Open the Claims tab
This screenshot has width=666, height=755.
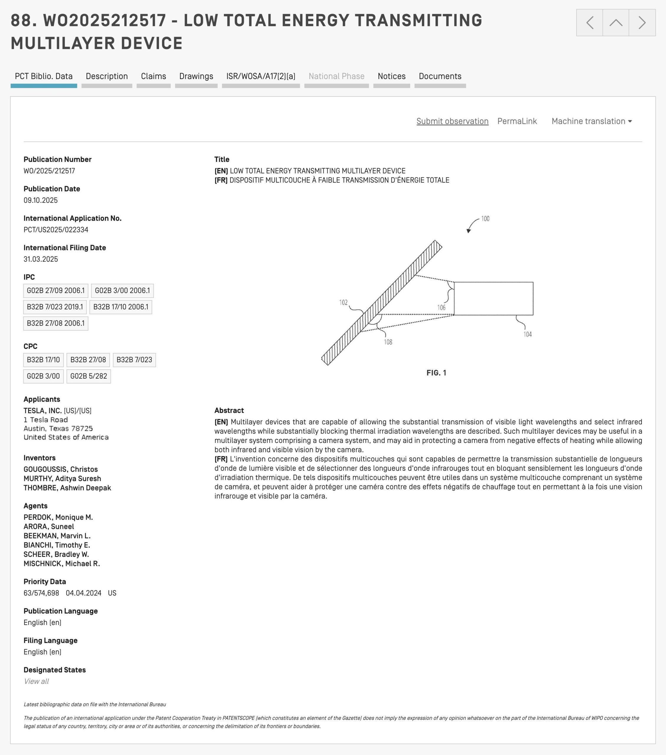coord(153,76)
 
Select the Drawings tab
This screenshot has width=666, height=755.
coord(196,76)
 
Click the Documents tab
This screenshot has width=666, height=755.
coord(440,76)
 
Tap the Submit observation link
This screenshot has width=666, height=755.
coord(452,122)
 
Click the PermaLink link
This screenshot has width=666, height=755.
coord(517,122)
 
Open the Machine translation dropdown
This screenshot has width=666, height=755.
coord(591,122)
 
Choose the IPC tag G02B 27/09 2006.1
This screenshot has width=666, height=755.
coord(56,291)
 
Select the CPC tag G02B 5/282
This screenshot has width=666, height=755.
coord(89,376)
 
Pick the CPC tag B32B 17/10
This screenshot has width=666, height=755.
coord(43,360)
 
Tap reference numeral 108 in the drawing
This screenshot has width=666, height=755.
coord(388,342)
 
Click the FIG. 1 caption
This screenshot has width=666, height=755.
coord(436,373)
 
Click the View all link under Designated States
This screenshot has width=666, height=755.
coord(36,682)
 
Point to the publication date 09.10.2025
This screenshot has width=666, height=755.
coord(41,201)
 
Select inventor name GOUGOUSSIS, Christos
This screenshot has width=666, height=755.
coord(60,470)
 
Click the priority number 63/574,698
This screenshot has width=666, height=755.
coord(41,593)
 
